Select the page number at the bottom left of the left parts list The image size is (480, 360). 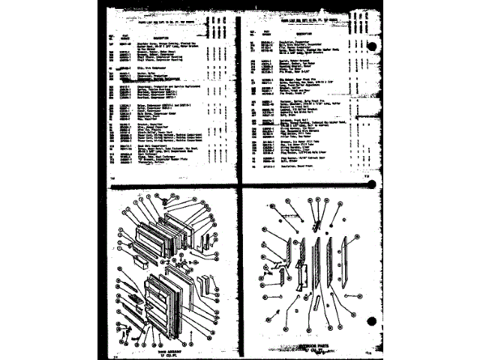coord(114,178)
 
